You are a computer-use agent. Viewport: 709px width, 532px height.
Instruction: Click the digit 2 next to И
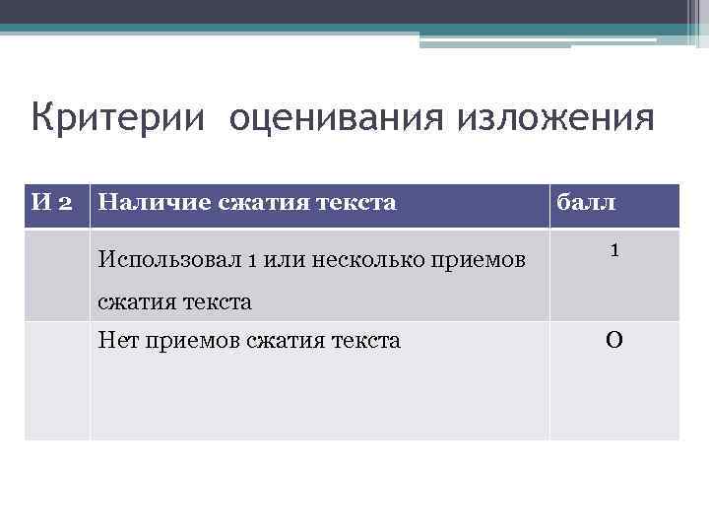click(64, 204)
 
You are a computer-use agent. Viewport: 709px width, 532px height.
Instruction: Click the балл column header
click(587, 204)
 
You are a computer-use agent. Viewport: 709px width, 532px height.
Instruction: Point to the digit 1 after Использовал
click(252, 260)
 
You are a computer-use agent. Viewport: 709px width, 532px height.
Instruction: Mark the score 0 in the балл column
click(613, 342)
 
